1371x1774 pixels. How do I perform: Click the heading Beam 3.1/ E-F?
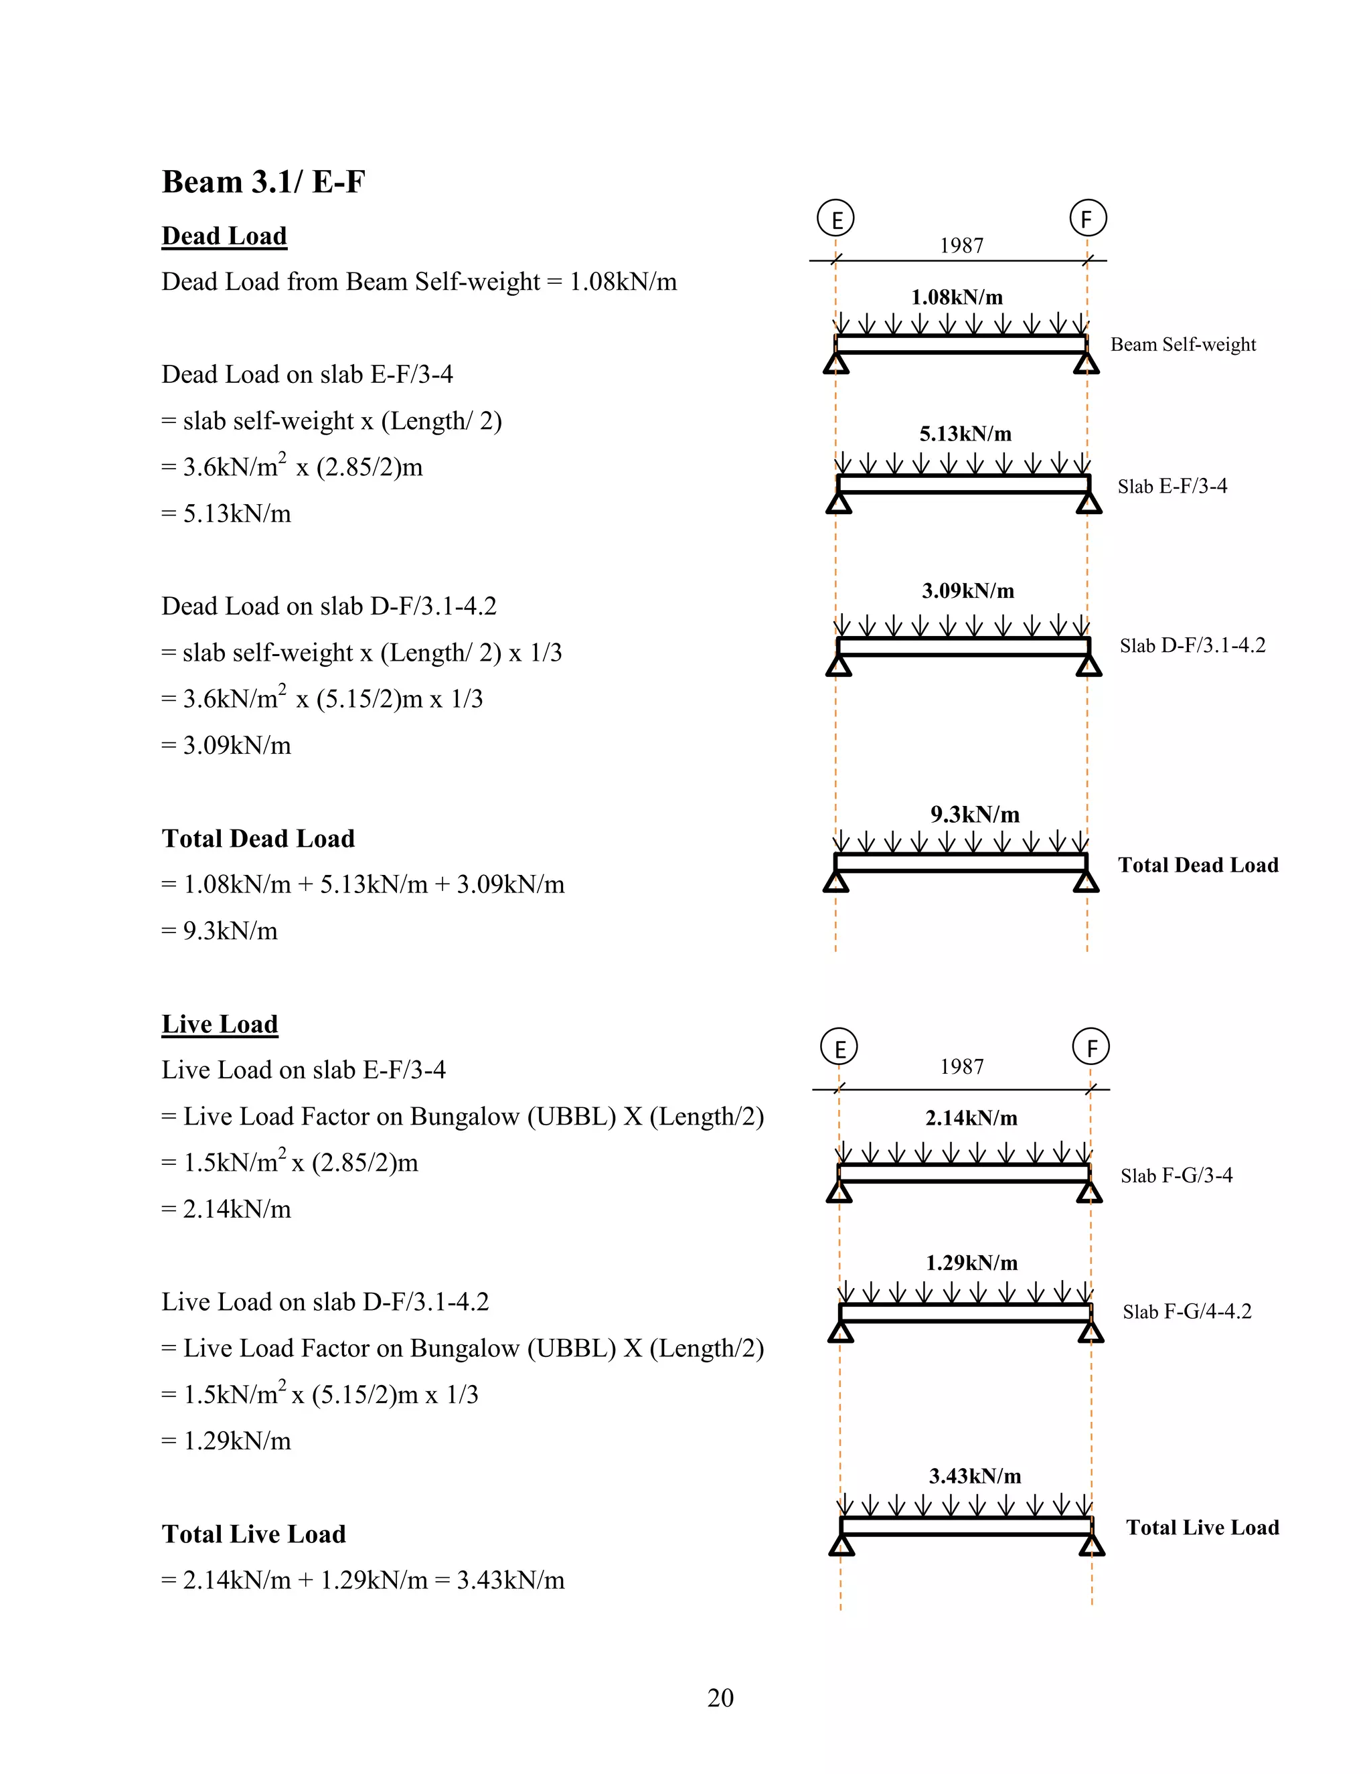(x=263, y=182)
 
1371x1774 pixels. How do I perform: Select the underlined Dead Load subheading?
(x=224, y=236)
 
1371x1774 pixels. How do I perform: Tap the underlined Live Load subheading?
(x=220, y=1024)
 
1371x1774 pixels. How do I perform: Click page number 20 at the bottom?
(x=720, y=1698)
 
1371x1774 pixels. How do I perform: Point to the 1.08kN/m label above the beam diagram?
(x=957, y=297)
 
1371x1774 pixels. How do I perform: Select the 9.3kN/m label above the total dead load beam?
(x=975, y=814)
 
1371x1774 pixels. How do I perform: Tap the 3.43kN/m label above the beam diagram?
(x=975, y=1476)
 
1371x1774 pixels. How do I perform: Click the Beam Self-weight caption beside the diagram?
(x=1183, y=344)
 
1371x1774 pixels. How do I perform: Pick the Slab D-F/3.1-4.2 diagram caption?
(x=1192, y=646)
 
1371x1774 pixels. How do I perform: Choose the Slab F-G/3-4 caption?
(x=1176, y=1176)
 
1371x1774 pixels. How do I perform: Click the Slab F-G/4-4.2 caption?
(x=1187, y=1311)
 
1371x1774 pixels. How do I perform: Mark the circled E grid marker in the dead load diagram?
(x=835, y=218)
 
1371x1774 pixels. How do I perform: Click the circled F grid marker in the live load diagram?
(x=1091, y=1047)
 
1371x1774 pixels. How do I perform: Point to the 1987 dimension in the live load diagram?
(x=962, y=1066)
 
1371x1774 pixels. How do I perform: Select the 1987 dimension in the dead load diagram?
(x=962, y=245)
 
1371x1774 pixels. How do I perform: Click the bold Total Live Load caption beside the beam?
(x=1202, y=1527)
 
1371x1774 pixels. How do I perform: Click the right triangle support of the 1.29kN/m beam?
(x=1091, y=1332)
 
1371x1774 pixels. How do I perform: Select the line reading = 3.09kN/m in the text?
(x=227, y=745)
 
